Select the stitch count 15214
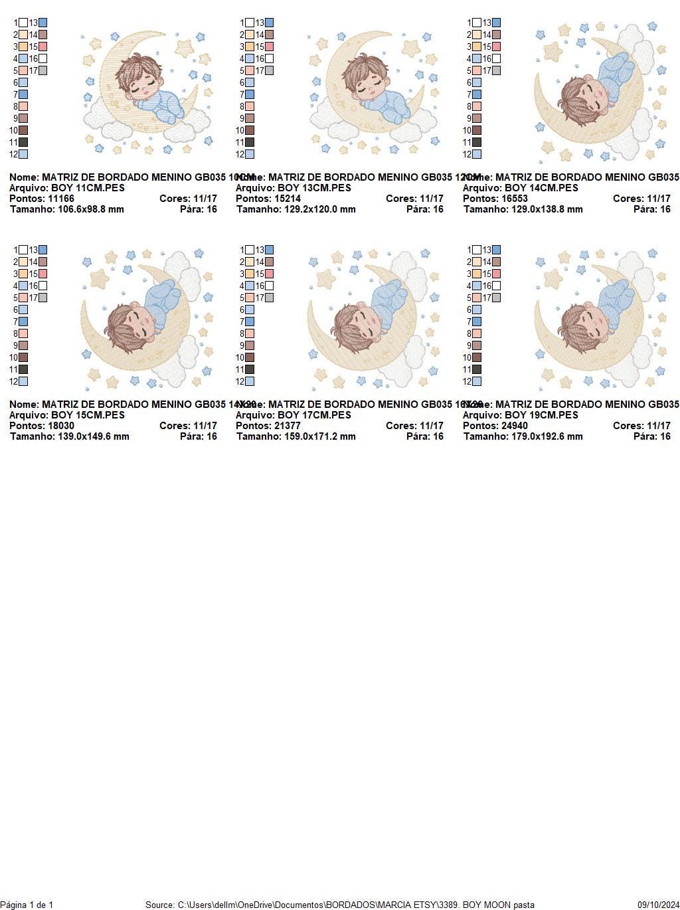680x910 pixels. pos(282,199)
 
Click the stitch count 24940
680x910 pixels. pos(509,426)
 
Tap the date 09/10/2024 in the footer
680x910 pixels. pos(658,905)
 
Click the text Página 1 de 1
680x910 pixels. pos(27,905)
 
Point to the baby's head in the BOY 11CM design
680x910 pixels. pos(139,76)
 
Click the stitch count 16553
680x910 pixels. pos(509,199)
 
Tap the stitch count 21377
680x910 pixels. pos(282,426)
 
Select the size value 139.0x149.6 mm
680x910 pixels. pos(89,436)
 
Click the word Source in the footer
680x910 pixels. pos(159,905)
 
